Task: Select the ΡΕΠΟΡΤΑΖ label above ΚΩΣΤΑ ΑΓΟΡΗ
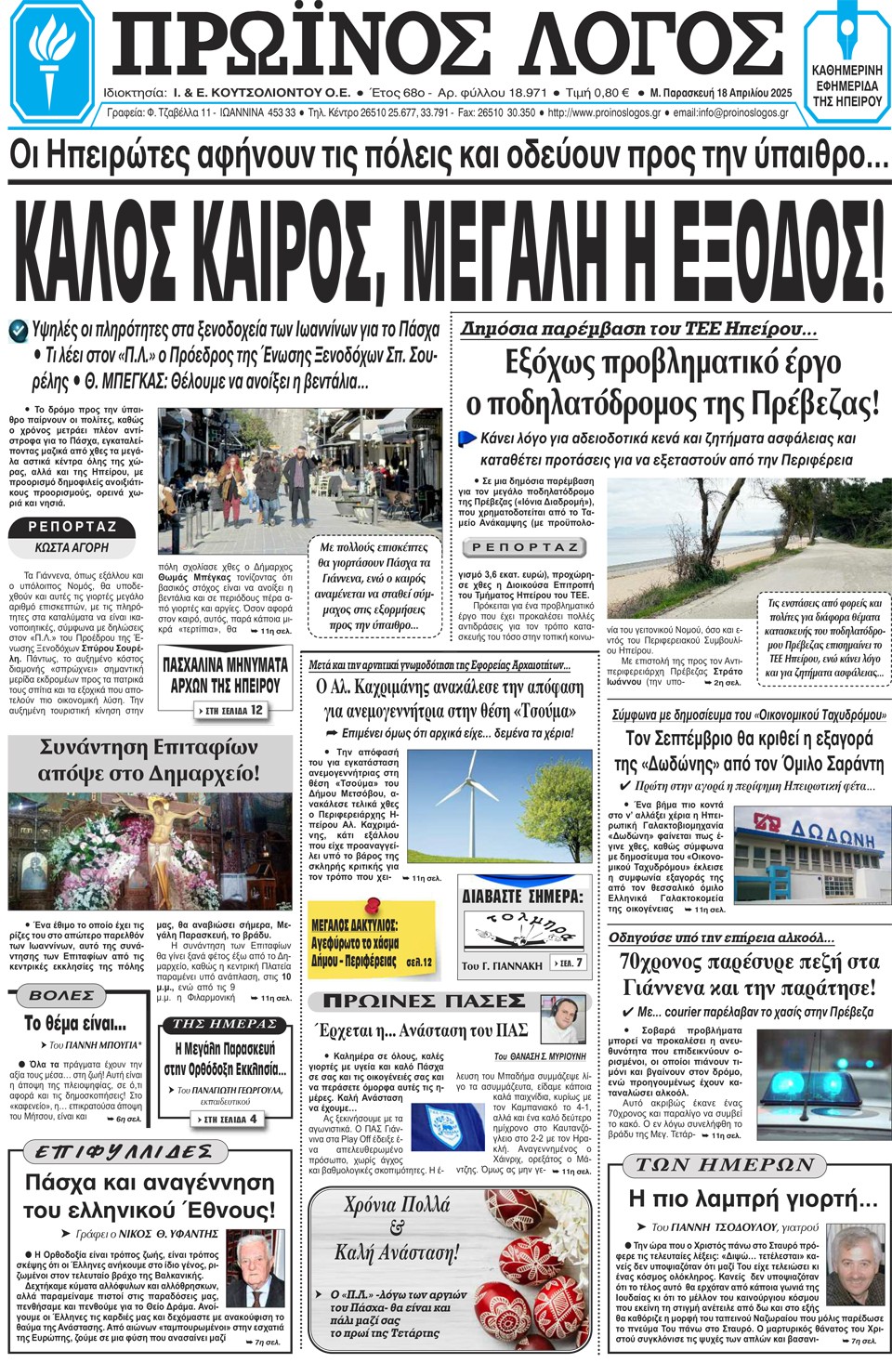pos(72,527)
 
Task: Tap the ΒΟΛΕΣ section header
pos(62,995)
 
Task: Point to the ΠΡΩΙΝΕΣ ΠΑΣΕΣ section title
pos(424,1001)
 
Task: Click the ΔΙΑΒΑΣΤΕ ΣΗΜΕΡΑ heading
pos(522,897)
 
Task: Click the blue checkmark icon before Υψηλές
pos(18,330)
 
